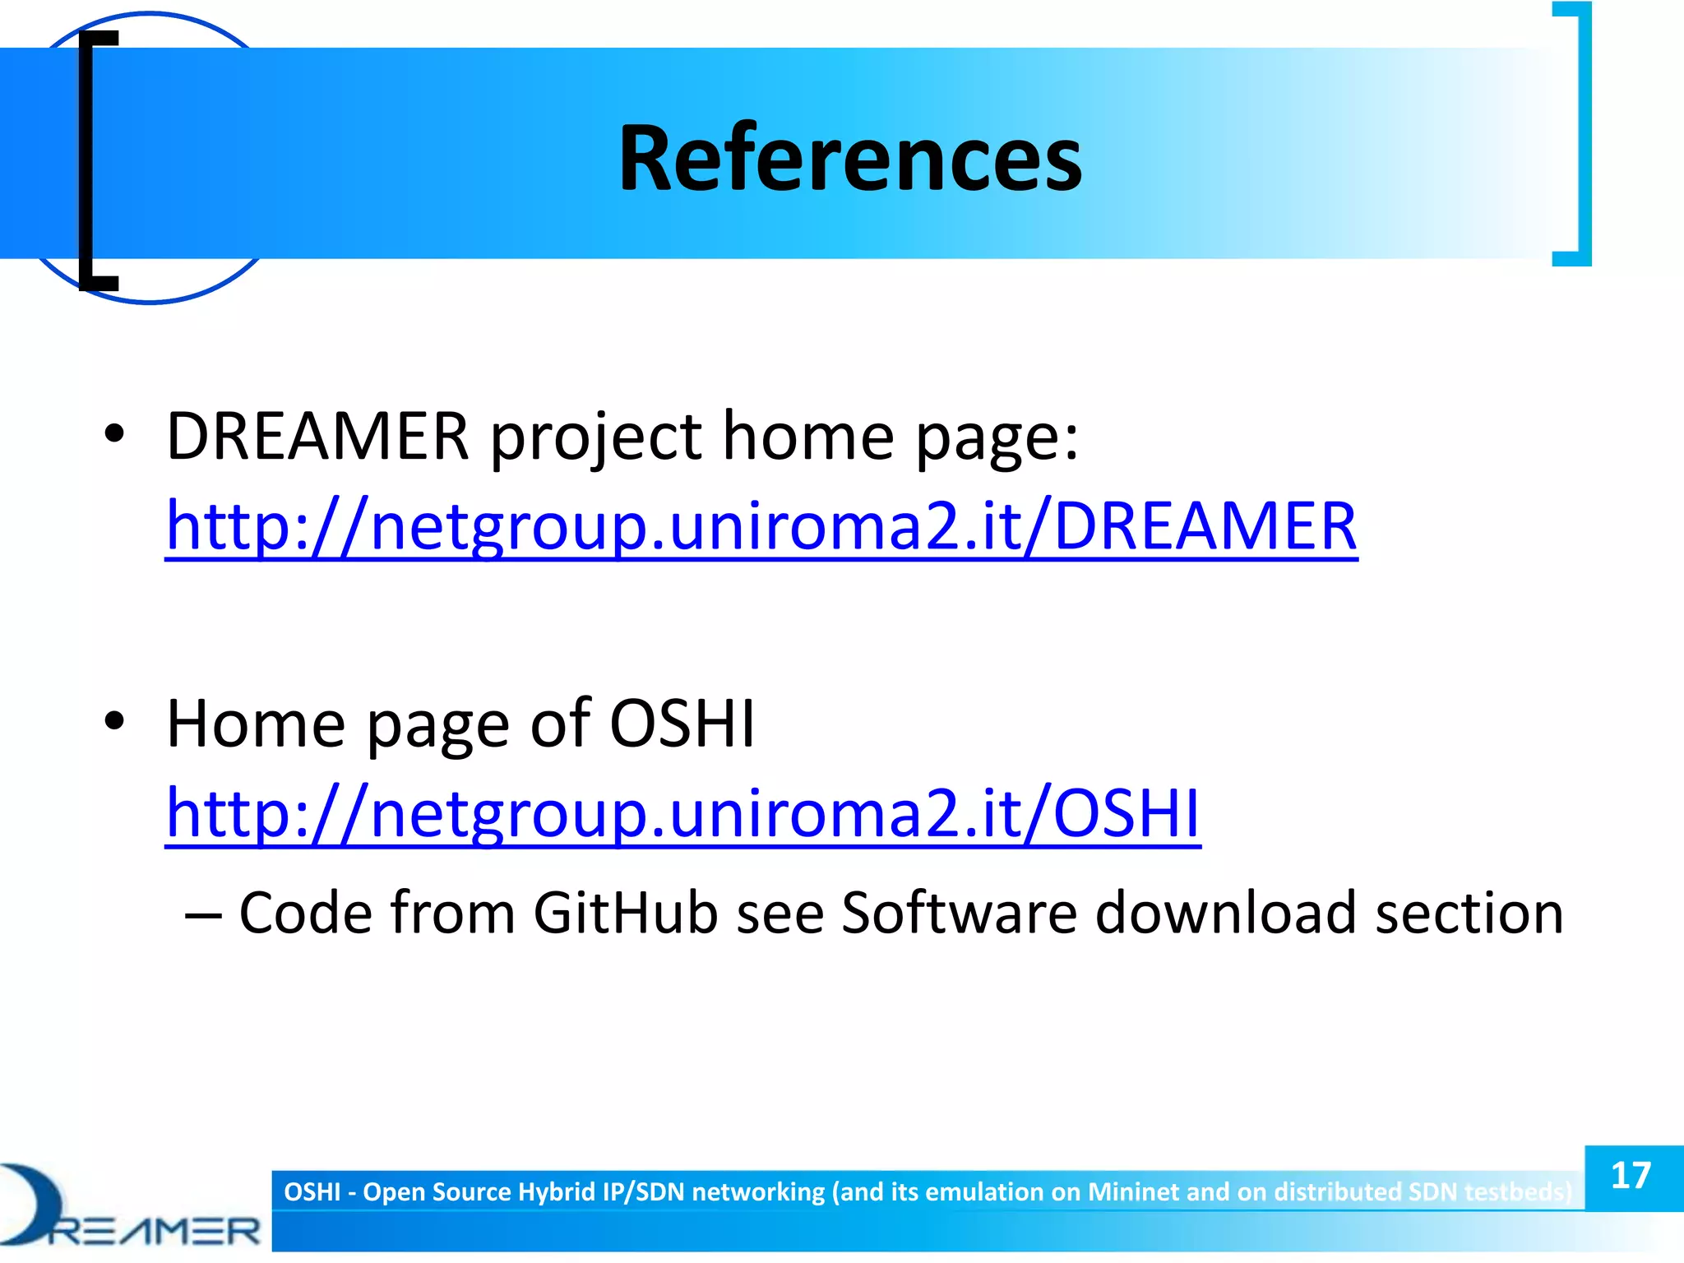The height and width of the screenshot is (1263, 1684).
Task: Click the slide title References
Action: (849, 158)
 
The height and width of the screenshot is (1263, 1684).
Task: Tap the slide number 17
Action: (1631, 1176)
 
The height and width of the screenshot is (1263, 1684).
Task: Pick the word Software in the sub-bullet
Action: (959, 913)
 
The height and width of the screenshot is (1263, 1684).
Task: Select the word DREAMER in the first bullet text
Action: (317, 436)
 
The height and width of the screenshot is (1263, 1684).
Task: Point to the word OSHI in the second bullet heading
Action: (682, 724)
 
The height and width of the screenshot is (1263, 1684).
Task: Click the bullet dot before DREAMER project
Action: (114, 433)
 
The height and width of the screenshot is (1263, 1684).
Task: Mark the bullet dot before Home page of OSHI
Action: (114, 720)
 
